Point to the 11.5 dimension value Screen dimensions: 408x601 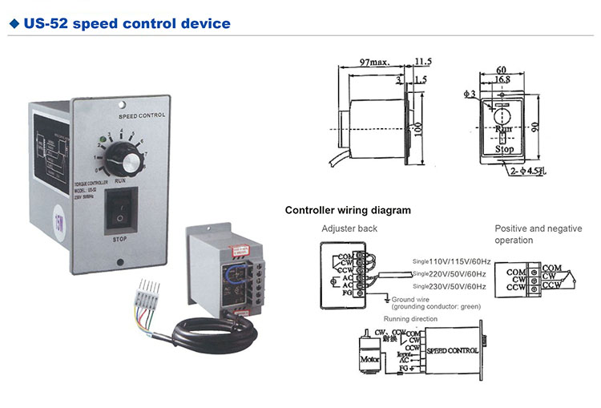pyautogui.click(x=423, y=61)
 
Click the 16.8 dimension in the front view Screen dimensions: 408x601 pyautogui.click(x=502, y=79)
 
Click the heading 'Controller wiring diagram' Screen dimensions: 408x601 pyautogui.click(x=348, y=211)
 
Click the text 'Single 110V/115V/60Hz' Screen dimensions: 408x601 pyautogui.click(x=451, y=261)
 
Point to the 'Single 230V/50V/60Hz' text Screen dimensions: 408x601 pyautogui.click(x=451, y=286)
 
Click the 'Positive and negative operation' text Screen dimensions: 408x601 pyautogui.click(x=538, y=234)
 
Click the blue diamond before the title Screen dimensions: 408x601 pyautogui.click(x=14, y=23)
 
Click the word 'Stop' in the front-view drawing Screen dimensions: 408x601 pyautogui.click(x=504, y=149)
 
